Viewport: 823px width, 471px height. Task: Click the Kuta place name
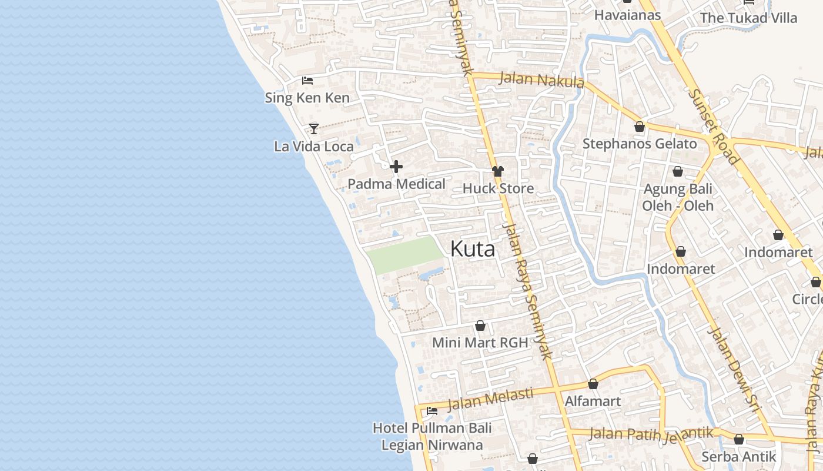(473, 249)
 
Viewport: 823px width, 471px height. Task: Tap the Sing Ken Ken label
(307, 98)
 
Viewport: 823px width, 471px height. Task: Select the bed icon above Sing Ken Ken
(307, 81)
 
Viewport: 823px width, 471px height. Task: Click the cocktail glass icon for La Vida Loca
(314, 128)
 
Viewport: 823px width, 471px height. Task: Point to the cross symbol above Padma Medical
(396, 167)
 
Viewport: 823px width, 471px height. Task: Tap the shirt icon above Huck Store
(498, 171)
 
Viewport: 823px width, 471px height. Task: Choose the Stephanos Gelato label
(640, 144)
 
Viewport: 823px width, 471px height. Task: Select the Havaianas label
(627, 15)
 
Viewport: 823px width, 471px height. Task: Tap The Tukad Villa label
(748, 18)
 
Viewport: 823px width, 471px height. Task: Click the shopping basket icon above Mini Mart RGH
(480, 326)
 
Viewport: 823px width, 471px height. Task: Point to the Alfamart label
(593, 402)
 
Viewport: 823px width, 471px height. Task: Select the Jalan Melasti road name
(490, 399)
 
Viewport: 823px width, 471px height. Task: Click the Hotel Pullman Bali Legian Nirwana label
(432, 436)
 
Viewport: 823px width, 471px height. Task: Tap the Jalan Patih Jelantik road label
(651, 434)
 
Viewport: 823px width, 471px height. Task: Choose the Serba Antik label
(739, 456)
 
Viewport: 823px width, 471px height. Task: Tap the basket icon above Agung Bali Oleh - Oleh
(677, 171)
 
